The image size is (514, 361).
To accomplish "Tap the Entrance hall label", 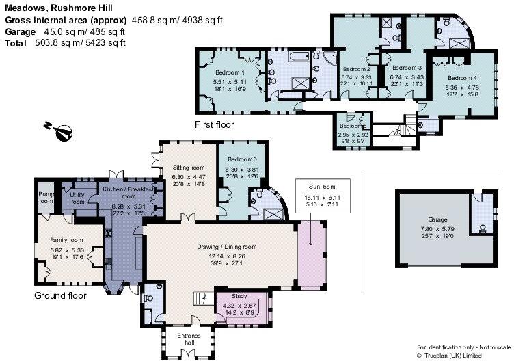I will pyautogui.click(x=188, y=338).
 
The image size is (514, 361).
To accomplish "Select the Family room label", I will pyautogui.click(x=66, y=240).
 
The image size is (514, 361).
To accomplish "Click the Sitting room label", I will pyautogui.click(x=188, y=168).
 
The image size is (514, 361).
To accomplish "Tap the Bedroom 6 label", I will pyautogui.click(x=242, y=160).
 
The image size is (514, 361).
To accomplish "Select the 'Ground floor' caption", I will pyautogui.click(x=60, y=296).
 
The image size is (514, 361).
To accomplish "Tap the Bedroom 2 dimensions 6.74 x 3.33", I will pyautogui.click(x=356, y=77).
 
